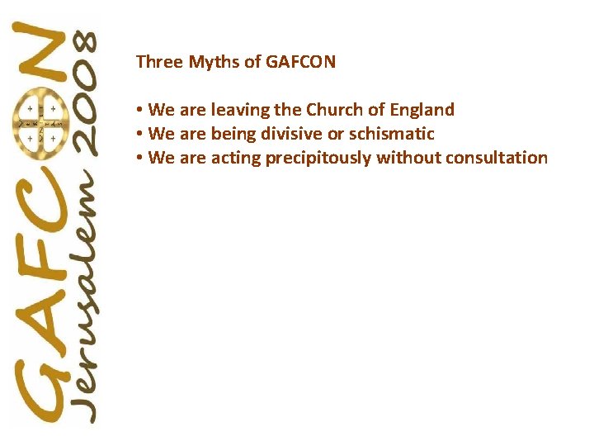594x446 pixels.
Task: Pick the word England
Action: click(x=421, y=110)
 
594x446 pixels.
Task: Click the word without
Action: click(x=408, y=158)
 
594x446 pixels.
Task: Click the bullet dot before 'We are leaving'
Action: click(x=141, y=110)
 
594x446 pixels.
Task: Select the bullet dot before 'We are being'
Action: click(x=141, y=134)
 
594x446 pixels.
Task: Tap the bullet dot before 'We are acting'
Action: click(x=141, y=158)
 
